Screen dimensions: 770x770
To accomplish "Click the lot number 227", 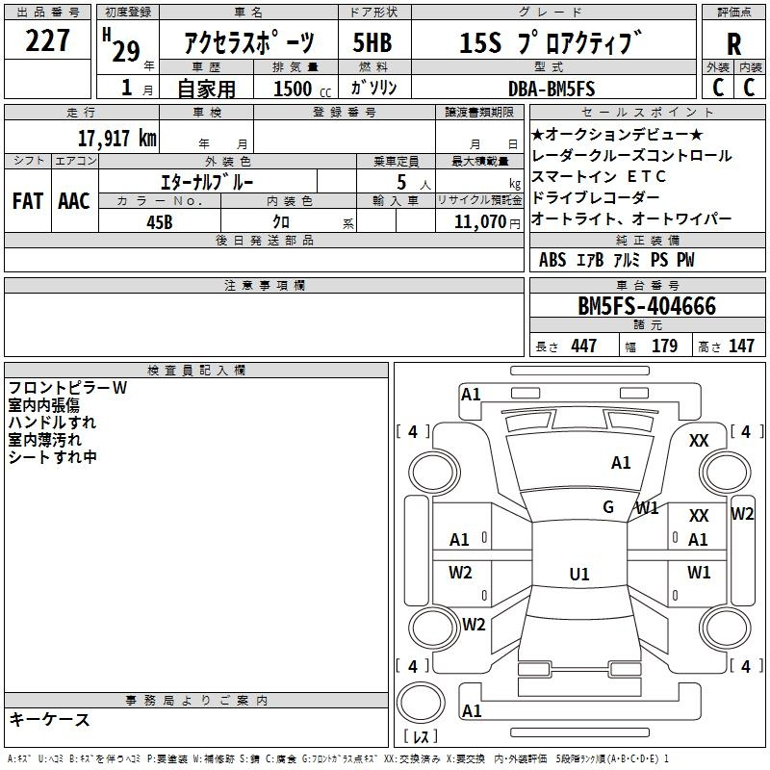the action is click(47, 40).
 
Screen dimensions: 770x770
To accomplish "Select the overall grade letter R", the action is click(733, 43).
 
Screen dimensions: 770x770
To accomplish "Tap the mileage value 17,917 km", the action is click(116, 138).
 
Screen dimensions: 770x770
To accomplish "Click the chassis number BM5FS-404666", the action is click(647, 306).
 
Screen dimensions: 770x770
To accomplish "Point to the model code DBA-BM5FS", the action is click(552, 89).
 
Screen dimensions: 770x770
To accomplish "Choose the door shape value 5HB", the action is click(372, 42).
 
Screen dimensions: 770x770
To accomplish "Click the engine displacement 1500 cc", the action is click(302, 89).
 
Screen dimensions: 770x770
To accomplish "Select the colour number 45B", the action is click(160, 222).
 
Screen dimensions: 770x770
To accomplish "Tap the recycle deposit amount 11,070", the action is click(479, 221).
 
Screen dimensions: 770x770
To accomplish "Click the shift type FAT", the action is click(28, 201).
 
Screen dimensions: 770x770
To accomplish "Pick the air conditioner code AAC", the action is click(74, 201).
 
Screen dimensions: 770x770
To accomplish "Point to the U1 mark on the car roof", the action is click(579, 574).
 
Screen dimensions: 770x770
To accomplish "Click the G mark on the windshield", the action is click(608, 507).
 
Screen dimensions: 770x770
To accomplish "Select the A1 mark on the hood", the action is click(621, 463).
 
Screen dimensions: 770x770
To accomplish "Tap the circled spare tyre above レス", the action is click(421, 703).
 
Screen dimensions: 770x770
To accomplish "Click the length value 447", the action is click(583, 346).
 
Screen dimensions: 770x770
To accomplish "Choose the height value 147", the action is click(741, 346).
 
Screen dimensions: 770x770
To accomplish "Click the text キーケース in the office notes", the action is click(50, 719).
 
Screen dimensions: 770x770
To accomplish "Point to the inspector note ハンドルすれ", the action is click(52, 423).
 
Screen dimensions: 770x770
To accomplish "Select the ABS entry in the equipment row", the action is click(552, 260).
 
